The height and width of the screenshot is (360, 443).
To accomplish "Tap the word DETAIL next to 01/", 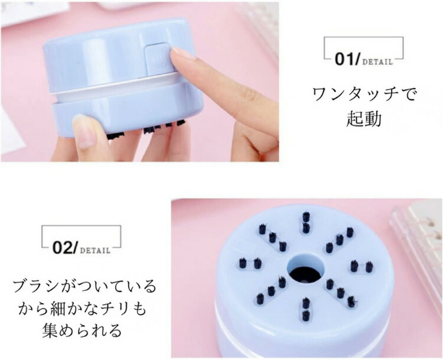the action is click(377, 62).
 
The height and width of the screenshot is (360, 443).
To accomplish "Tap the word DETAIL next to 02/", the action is click(95, 251).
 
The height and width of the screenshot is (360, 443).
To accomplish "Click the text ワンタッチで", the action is click(364, 94).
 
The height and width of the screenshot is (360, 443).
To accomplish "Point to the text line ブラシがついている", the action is click(84, 287).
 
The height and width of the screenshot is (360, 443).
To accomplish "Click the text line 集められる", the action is click(82, 330).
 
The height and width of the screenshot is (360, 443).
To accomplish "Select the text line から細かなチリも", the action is click(83, 308).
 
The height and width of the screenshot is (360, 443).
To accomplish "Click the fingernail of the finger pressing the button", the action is click(183, 53).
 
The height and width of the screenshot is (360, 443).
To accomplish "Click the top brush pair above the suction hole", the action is click(306, 222).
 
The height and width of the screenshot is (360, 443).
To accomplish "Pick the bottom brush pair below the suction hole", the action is click(305, 309).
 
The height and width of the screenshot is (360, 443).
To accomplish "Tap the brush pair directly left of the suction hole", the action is click(250, 263).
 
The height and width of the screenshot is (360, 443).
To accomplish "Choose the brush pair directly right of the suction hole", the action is click(361, 267).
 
